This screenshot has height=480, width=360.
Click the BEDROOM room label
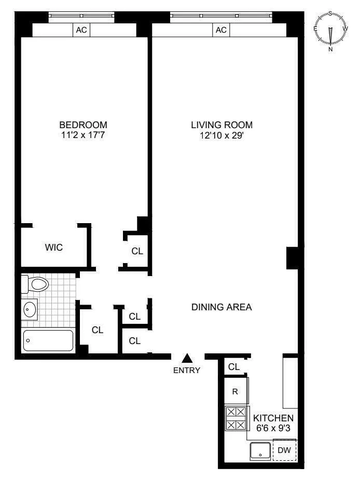(x=83, y=125)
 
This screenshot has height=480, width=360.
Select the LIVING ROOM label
(x=221, y=125)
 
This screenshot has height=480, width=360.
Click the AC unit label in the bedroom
(x=81, y=30)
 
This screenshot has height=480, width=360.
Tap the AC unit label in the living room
(x=221, y=30)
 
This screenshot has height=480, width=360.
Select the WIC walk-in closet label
(x=53, y=248)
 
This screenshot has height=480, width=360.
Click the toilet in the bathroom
(x=35, y=284)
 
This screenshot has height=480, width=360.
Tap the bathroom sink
(x=30, y=310)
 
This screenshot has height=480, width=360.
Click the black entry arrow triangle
(x=187, y=358)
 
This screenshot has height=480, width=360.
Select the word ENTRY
(x=187, y=370)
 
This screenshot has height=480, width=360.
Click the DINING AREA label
(x=221, y=307)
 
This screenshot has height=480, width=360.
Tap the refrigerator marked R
(x=235, y=392)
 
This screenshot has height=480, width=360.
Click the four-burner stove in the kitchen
(x=236, y=418)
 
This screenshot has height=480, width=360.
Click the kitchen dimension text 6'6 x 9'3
(x=273, y=428)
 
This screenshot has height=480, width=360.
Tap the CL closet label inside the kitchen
(x=234, y=367)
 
